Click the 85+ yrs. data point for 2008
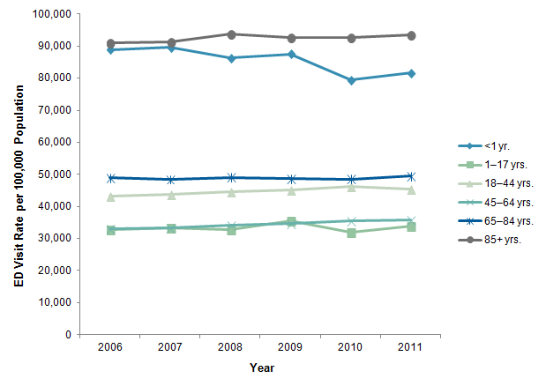(231, 34)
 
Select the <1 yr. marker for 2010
(351, 80)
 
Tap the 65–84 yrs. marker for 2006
(110, 178)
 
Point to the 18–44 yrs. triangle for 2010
(351, 186)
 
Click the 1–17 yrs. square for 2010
(351, 233)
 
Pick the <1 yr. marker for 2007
(170, 48)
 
